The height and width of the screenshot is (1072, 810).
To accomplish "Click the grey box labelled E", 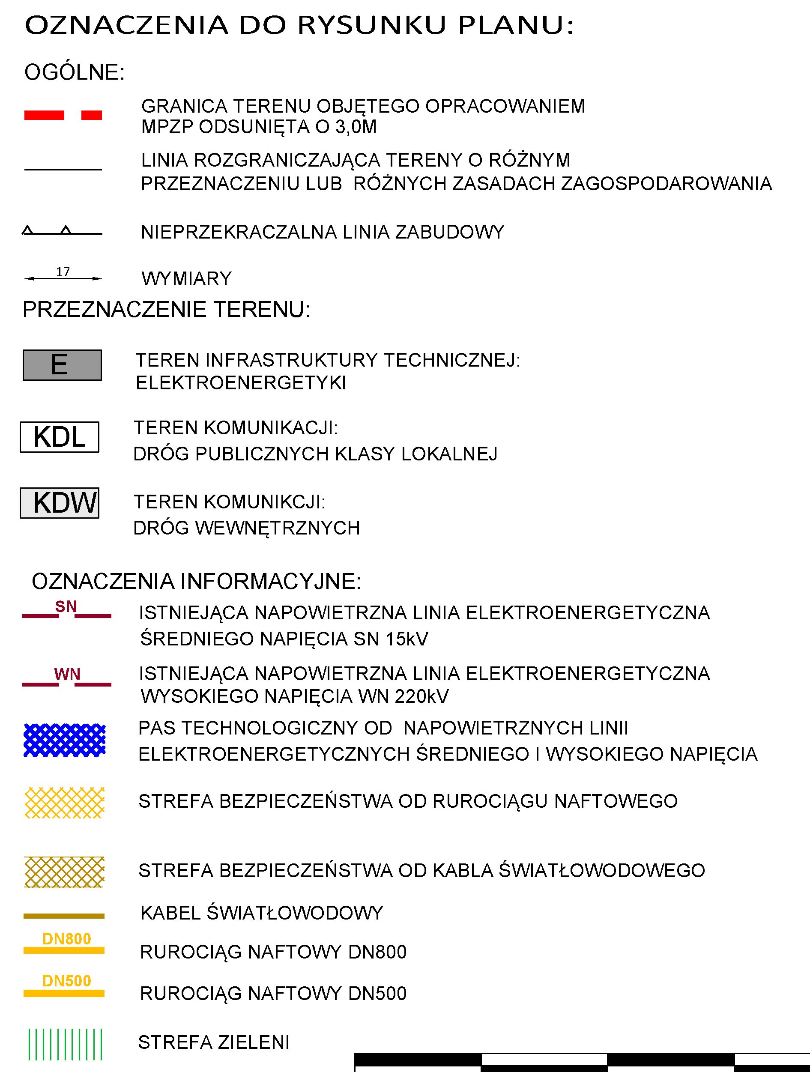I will [62, 365].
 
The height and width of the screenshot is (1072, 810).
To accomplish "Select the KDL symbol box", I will [59, 437].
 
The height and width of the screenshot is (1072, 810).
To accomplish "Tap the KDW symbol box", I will [59, 503].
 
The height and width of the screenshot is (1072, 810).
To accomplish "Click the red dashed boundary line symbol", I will [63, 115].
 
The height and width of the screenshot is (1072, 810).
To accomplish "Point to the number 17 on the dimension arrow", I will [63, 272].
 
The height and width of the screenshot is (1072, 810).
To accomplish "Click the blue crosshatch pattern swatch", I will [65, 740].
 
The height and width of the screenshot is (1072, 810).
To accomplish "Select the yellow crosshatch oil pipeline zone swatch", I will [65, 803].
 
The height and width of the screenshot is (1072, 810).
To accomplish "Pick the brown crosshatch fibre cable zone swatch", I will [65, 872].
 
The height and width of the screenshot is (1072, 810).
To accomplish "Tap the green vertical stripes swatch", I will [65, 1045].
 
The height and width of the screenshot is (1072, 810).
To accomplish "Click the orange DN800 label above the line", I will [66, 939].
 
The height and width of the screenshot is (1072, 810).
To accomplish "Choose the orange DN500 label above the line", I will [66, 981].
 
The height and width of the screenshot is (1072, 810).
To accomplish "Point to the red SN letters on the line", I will [66, 607].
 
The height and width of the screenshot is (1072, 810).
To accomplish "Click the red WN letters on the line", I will [67, 674].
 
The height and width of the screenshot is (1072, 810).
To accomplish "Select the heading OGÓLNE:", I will [75, 72].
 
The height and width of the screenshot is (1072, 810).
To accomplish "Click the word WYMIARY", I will [187, 279].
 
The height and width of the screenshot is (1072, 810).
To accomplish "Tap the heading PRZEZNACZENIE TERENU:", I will [166, 310].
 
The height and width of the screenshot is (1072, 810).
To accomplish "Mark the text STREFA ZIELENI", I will [214, 1042].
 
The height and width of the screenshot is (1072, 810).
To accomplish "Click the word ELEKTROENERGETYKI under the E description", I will [241, 383].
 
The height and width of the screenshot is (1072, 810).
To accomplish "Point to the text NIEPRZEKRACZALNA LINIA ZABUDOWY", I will [323, 233].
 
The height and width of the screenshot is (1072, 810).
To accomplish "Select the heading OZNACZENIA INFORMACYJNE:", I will [196, 582].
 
